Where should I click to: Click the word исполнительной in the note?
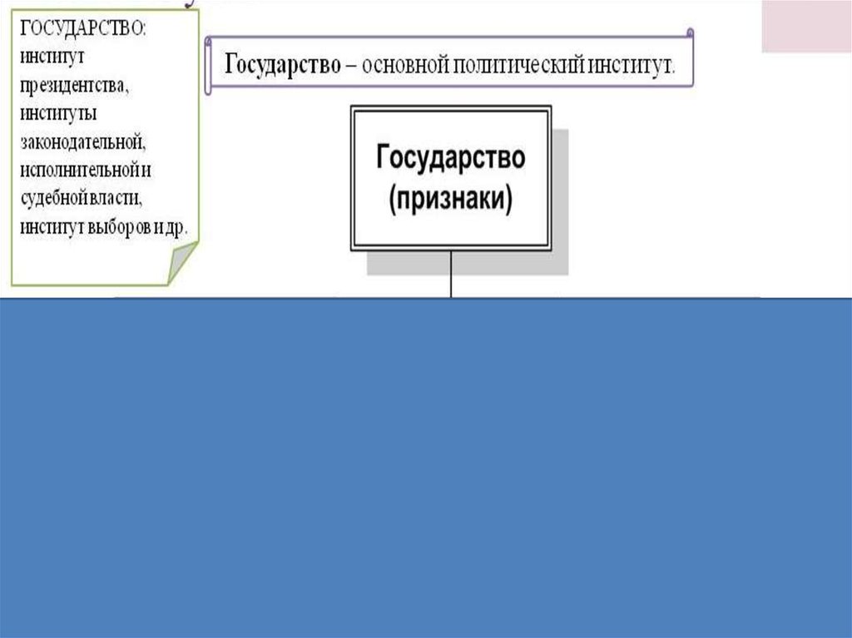(79, 169)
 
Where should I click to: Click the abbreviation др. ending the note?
(177, 225)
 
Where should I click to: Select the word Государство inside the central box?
(450, 157)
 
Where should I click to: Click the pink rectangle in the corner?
(806, 26)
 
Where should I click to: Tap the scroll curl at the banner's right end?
(689, 34)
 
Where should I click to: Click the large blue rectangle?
(426, 466)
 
